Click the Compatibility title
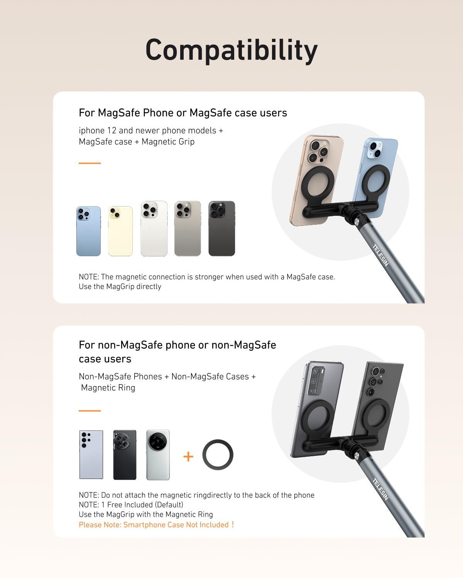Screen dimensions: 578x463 click(x=231, y=50)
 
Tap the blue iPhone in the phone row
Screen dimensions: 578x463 click(x=88, y=231)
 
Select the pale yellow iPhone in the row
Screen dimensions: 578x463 click(x=120, y=231)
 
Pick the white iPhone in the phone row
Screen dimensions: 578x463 click(x=154, y=229)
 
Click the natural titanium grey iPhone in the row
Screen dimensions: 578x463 click(x=188, y=229)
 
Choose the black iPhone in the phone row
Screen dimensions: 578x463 click(x=221, y=229)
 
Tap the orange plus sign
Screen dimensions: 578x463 click(x=188, y=457)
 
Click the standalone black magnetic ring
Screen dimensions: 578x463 click(x=218, y=455)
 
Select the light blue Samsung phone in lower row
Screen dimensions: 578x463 click(x=91, y=455)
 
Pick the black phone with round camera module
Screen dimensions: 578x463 click(x=125, y=455)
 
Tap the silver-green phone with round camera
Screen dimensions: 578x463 click(x=158, y=455)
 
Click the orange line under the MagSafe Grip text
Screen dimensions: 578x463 click(x=90, y=163)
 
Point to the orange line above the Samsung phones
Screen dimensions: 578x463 click(x=90, y=411)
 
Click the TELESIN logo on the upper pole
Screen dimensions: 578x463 click(x=381, y=255)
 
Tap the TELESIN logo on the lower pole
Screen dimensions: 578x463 click(x=380, y=489)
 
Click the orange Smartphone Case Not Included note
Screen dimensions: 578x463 click(x=156, y=525)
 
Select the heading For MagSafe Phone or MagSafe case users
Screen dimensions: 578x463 click(x=183, y=113)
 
